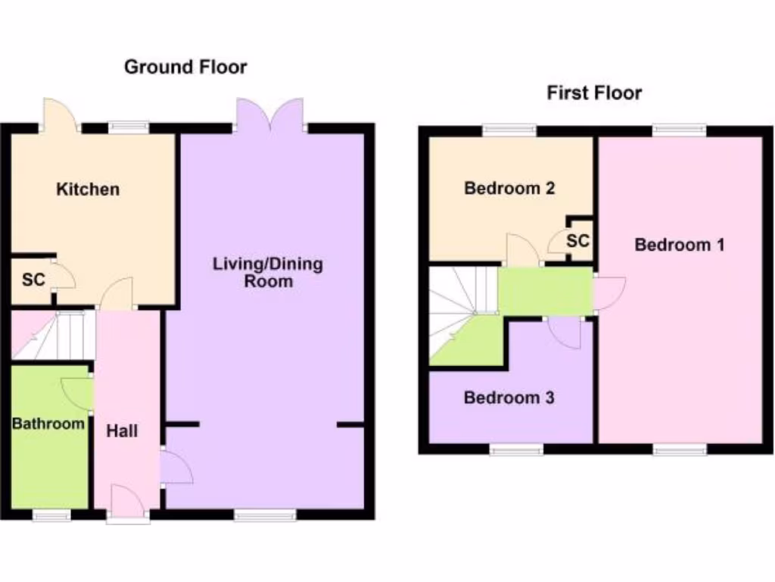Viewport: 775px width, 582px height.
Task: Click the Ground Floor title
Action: (185, 67)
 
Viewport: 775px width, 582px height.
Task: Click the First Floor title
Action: (594, 93)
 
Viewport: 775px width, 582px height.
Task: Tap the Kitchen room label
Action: (88, 189)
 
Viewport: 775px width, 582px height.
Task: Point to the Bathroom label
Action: (48, 423)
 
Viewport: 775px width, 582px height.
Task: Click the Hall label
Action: (122, 430)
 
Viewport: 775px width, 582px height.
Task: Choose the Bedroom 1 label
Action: (680, 245)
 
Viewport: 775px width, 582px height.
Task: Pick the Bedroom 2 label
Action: (509, 188)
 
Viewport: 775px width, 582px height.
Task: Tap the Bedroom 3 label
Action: (509, 397)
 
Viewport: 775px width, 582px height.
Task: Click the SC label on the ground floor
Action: (33, 280)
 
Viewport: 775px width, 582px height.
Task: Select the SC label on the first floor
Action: (577, 241)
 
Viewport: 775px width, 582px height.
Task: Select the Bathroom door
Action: (77, 393)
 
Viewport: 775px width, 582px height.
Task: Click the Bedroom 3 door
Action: (565, 332)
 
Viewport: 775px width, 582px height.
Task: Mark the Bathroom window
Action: (51, 515)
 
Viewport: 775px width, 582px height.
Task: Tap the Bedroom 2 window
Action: (509, 130)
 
